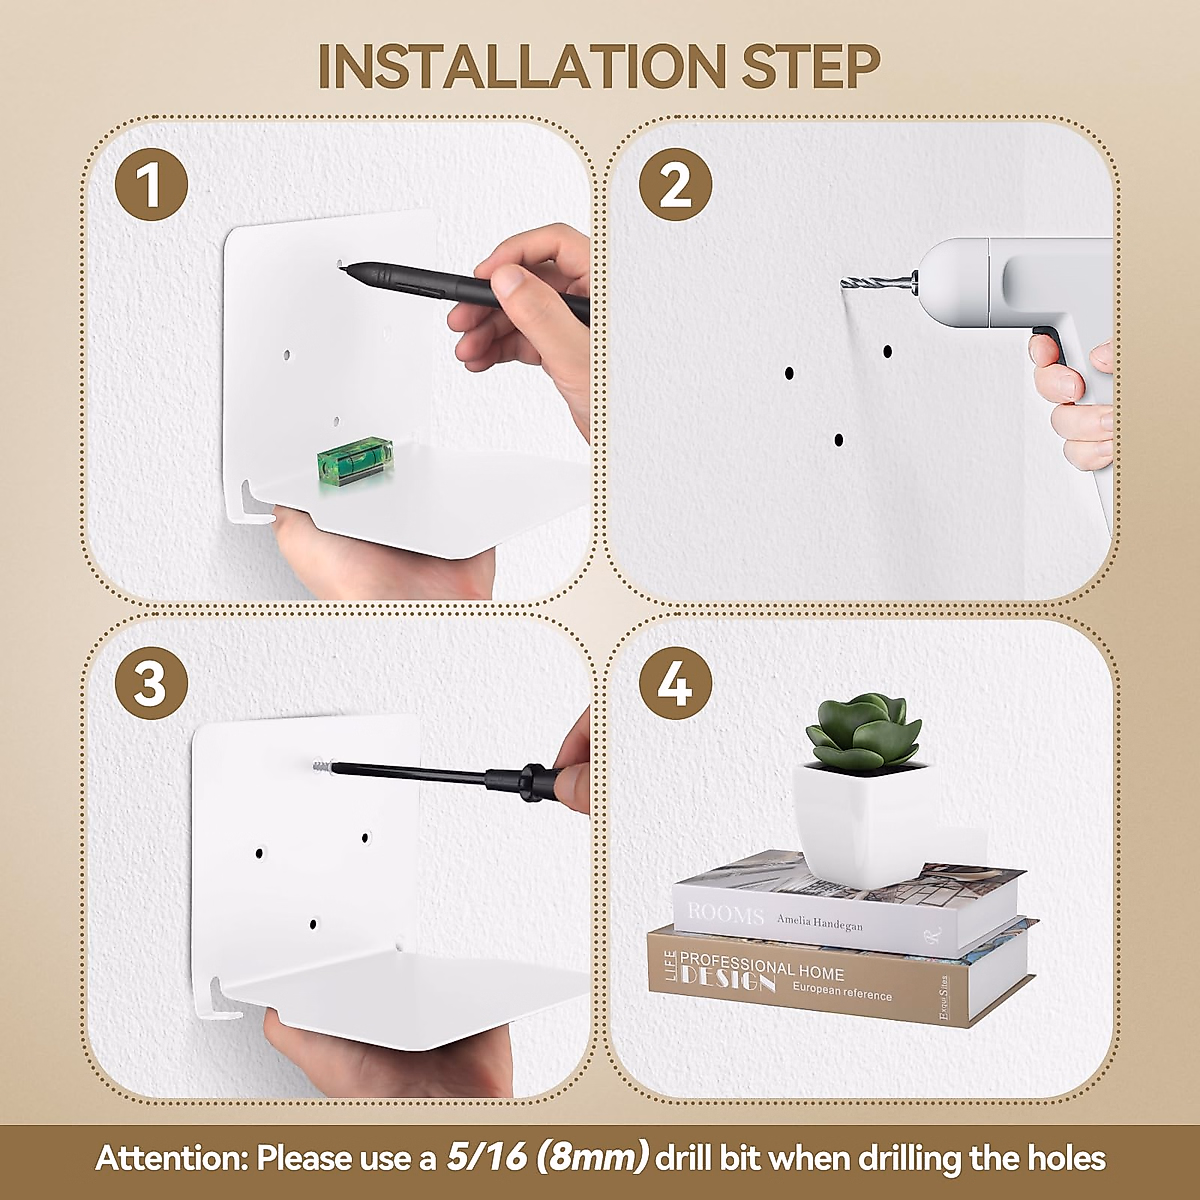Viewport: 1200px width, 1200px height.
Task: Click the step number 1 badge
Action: (x=151, y=184)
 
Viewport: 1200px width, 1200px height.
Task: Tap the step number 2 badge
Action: (x=675, y=184)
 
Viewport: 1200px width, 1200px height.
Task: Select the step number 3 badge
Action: (x=151, y=683)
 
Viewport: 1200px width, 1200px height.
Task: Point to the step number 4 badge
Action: (x=675, y=683)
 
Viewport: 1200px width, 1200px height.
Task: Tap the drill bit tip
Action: (x=843, y=283)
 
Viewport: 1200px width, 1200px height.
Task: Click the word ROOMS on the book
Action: (x=725, y=915)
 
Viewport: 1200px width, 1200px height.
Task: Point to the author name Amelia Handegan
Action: (x=820, y=922)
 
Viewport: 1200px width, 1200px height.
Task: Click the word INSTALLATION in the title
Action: (x=521, y=67)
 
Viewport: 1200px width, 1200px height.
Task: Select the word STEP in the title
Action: (x=811, y=67)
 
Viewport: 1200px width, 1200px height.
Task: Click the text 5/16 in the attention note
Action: (x=486, y=1158)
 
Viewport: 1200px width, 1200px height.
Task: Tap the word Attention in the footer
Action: (x=171, y=1158)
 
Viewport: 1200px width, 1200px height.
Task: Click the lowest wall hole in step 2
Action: (x=839, y=440)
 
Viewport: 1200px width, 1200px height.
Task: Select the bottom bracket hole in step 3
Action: (x=313, y=924)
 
